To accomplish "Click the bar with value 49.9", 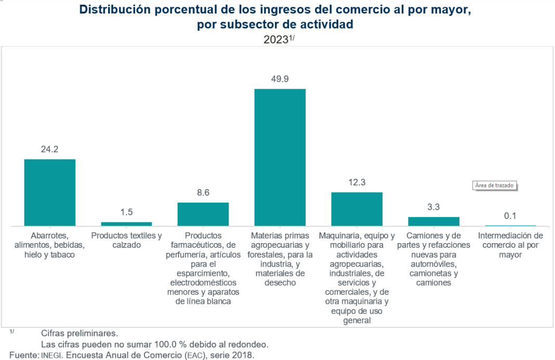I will (x=280, y=157).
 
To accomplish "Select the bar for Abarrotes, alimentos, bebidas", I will (x=50, y=192).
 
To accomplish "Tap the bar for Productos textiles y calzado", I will (x=126, y=224).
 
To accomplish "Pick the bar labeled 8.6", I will (x=203, y=214).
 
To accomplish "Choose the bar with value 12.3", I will (x=356, y=209).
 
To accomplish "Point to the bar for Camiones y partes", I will (x=433, y=221).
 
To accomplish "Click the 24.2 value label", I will (x=50, y=149).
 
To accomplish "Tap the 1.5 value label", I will (x=126, y=212).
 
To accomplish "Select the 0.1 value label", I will (x=510, y=216).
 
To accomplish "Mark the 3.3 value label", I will (x=433, y=207).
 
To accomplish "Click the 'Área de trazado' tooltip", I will (x=496, y=185).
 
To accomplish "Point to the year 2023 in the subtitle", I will (x=275, y=40).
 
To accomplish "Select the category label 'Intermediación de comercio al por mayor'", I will (x=510, y=245).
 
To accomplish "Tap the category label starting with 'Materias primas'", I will (x=280, y=259).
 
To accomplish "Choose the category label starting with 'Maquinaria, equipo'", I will (x=356, y=278).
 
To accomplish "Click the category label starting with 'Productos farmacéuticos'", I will (x=203, y=269).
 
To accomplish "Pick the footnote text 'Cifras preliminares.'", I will (x=79, y=333).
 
